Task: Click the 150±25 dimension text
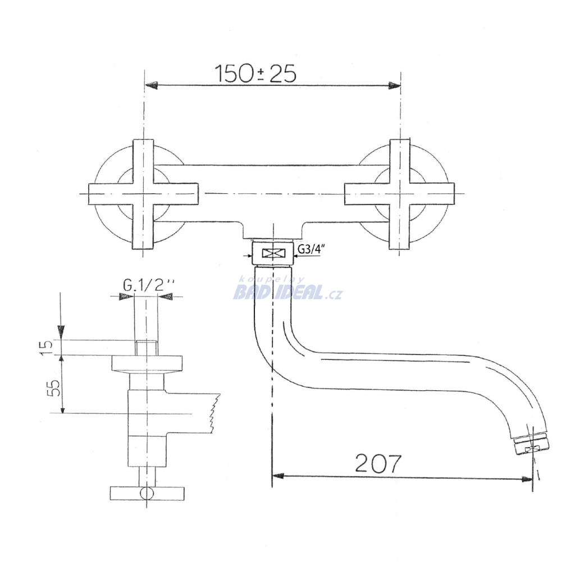click(255, 74)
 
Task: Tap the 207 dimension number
click(378, 463)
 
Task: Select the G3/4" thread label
click(311, 249)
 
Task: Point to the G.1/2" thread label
click(148, 285)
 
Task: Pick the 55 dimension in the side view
click(53, 387)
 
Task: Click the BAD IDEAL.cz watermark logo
click(288, 290)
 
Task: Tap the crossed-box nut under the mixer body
click(272, 253)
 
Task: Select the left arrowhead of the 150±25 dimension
click(152, 85)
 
